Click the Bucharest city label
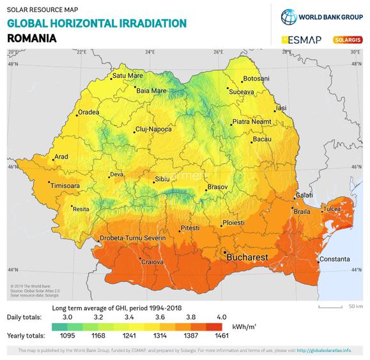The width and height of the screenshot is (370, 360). [247, 257]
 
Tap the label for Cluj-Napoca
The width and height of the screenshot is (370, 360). [153, 130]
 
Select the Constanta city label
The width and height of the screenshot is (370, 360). [334, 259]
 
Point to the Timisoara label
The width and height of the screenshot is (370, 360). [66, 185]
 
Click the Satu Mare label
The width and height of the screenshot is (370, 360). [127, 75]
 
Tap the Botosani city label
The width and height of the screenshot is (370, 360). [256, 79]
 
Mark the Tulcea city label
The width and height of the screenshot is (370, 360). [332, 209]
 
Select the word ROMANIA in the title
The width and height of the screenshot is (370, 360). [31, 38]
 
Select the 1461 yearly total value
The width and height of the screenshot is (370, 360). [222, 336]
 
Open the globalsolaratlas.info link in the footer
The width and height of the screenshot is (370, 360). [324, 351]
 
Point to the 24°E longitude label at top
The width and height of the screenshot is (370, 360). [150, 52]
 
